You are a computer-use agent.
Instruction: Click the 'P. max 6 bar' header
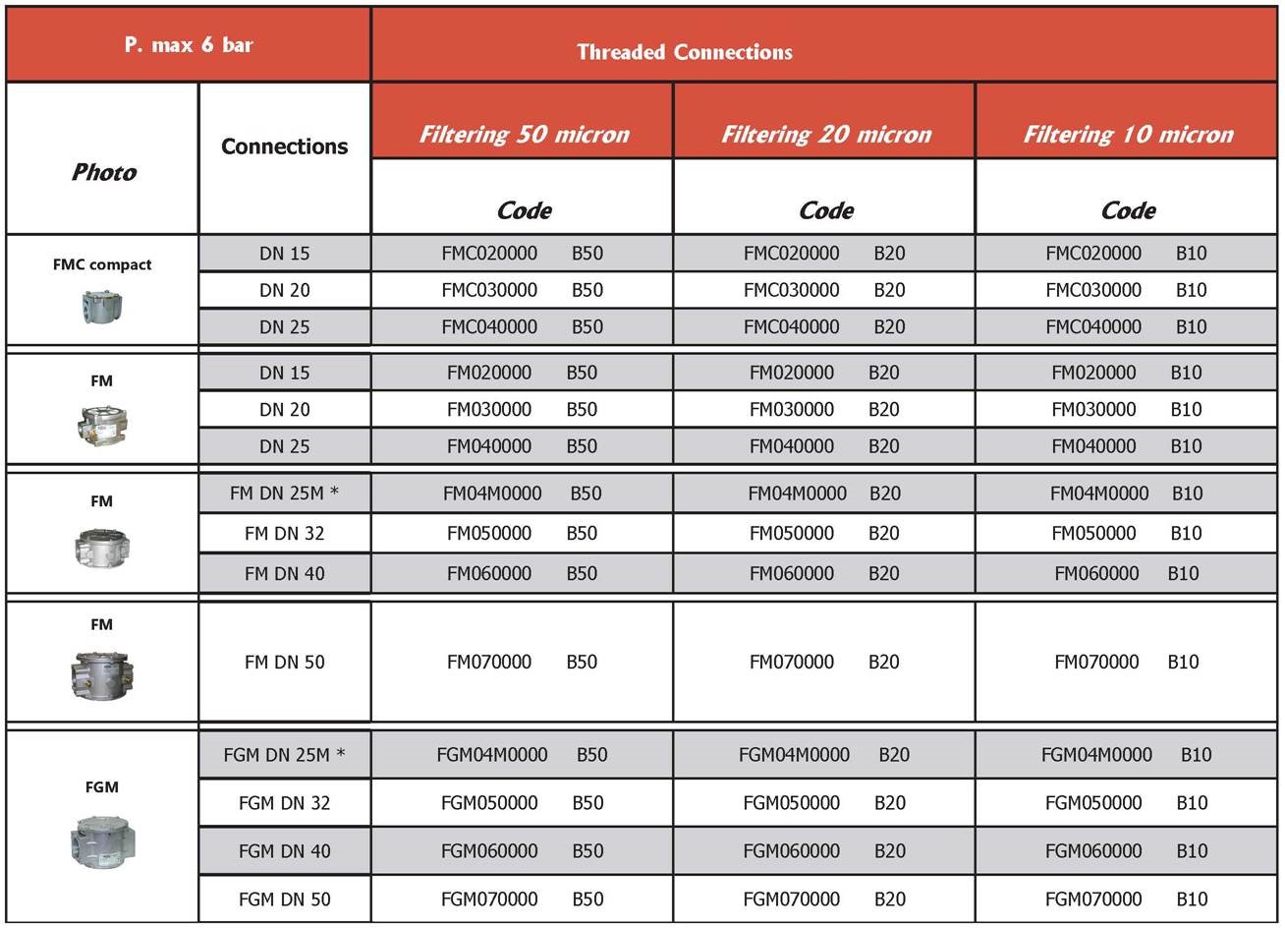click(x=189, y=45)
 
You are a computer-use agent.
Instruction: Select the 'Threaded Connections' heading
click(x=685, y=52)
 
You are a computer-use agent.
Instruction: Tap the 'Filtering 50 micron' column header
click(x=524, y=134)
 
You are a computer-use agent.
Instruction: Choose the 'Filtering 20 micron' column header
click(x=826, y=134)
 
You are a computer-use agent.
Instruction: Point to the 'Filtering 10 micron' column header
click(x=1128, y=134)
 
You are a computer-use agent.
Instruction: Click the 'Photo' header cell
click(x=103, y=172)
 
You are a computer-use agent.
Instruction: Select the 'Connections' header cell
click(x=284, y=146)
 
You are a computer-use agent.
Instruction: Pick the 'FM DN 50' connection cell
click(x=284, y=662)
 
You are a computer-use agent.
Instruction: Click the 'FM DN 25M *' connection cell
click(x=284, y=493)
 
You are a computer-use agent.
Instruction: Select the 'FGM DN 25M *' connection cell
click(x=284, y=755)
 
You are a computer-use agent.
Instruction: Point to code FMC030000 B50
click(x=522, y=290)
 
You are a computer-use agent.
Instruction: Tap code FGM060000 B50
click(x=522, y=850)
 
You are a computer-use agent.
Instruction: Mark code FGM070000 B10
click(x=1126, y=899)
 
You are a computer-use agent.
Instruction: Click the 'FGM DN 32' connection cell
click(x=284, y=802)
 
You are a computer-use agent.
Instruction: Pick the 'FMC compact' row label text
click(x=102, y=264)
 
